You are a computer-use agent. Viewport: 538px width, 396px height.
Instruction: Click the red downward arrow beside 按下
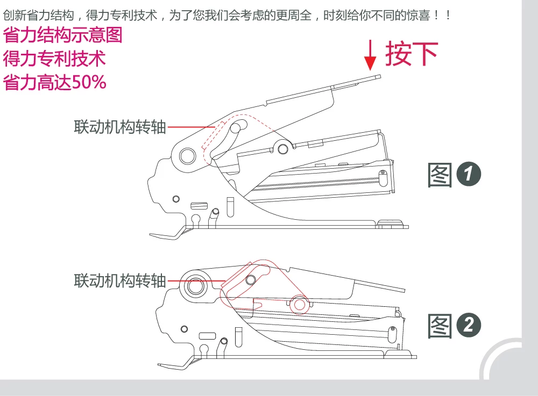tap(370, 55)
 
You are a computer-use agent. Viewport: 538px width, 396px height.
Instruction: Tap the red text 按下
tap(412, 54)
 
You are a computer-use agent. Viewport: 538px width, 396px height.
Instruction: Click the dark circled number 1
tap(469, 174)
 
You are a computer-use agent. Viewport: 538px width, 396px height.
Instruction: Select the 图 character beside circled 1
tap(440, 175)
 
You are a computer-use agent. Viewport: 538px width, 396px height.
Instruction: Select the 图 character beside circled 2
tap(440, 326)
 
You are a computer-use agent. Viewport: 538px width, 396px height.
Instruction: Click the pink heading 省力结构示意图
tap(62, 35)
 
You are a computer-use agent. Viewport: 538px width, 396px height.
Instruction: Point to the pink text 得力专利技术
tap(54, 59)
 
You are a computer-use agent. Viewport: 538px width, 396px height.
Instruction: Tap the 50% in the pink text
tap(89, 82)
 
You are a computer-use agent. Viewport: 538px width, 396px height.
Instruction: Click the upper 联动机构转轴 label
tap(120, 127)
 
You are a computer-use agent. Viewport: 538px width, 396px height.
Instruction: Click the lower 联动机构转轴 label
tap(120, 280)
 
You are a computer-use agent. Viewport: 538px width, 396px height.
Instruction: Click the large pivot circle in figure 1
tap(187, 156)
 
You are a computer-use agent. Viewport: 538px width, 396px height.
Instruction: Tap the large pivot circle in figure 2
tap(195, 286)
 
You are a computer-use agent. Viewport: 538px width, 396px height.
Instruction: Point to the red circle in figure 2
tap(299, 305)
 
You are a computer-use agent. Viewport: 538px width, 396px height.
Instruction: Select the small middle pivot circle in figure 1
tap(283, 149)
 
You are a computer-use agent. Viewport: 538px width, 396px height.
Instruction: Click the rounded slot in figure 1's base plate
tap(199, 206)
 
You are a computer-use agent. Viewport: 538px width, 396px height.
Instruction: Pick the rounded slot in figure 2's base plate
tap(207, 336)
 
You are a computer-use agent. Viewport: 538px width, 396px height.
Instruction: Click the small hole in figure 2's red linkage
tap(251, 280)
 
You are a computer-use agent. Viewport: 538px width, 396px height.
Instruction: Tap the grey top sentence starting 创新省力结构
tap(227, 16)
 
